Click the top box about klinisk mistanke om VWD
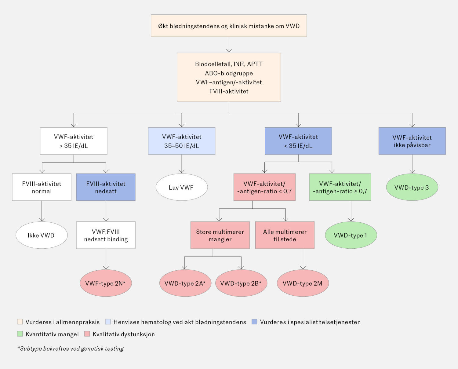[229, 26]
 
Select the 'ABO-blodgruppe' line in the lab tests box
[229, 73]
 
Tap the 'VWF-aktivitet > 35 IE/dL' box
[74, 141]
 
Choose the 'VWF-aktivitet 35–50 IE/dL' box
[182, 141]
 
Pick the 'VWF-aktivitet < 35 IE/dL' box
[298, 141]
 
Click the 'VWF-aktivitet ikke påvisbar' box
[412, 141]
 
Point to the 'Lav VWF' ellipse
[182, 187]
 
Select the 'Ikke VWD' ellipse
[42, 235]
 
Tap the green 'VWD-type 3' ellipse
[412, 187]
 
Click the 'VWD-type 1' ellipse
[351, 235]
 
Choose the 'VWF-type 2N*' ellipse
[106, 283]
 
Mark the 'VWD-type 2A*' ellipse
[185, 283]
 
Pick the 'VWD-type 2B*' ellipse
[241, 283]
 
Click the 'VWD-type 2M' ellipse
[303, 283]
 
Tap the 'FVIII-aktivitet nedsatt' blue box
[106, 187]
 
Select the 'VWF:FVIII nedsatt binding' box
[106, 235]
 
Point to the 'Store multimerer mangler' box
[220, 235]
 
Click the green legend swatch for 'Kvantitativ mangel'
[20, 334]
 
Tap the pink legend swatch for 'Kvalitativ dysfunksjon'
[87, 334]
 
